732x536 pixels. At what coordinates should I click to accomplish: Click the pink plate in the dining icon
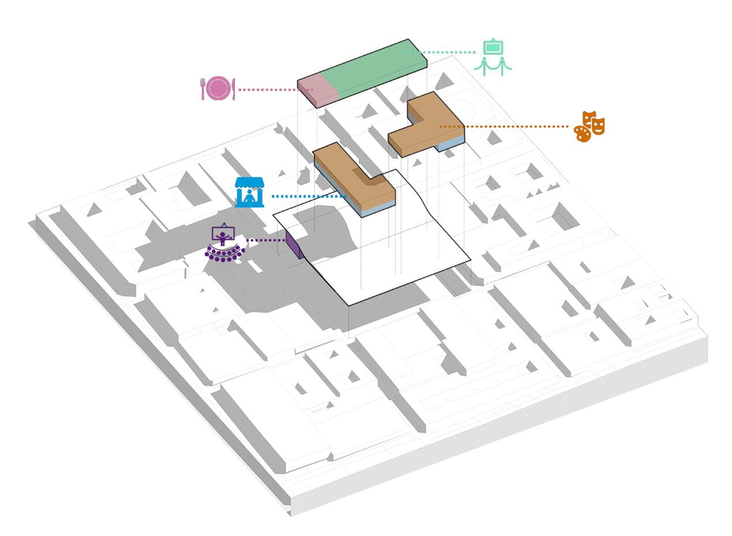coord(218,88)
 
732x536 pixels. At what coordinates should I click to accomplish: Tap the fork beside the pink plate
coord(203,89)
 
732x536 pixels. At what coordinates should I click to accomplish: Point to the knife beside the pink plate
coord(233,89)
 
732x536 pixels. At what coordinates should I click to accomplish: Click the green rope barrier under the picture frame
coord(493,65)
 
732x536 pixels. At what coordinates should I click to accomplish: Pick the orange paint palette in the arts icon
coord(583,133)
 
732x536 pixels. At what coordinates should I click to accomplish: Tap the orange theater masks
coord(594,122)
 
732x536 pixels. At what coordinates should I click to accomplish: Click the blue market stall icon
coord(249,192)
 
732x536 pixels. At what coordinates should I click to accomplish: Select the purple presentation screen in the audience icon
coord(223,234)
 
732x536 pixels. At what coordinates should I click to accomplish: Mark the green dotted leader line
coord(438,52)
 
